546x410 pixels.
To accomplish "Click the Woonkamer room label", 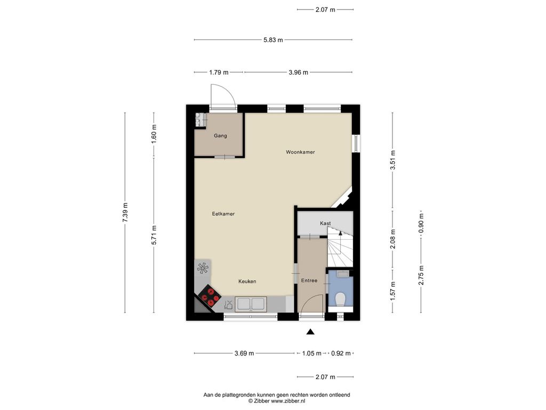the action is pyautogui.click(x=300, y=152).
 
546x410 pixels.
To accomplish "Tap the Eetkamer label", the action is pyautogui.click(x=223, y=214).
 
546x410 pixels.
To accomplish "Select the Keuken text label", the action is pyautogui.click(x=247, y=281).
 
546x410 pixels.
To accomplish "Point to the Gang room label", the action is pyautogui.click(x=220, y=136).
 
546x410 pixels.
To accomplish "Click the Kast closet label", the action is pyautogui.click(x=325, y=223).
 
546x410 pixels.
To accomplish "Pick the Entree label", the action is pyautogui.click(x=309, y=280).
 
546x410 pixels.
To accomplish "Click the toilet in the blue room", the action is pyautogui.click(x=340, y=299).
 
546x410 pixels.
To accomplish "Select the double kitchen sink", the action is pyautogui.click(x=251, y=304).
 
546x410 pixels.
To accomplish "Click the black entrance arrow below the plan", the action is pyautogui.click(x=310, y=332).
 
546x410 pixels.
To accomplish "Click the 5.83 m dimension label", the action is pyautogui.click(x=274, y=40).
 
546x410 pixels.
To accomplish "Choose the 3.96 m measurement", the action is pyautogui.click(x=299, y=73).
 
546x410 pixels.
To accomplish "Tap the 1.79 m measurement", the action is pyautogui.click(x=219, y=73).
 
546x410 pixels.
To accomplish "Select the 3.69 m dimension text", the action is pyautogui.click(x=244, y=353).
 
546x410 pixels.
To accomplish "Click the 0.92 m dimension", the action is pyautogui.click(x=341, y=353).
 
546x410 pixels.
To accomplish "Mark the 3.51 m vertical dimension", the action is pyautogui.click(x=393, y=160).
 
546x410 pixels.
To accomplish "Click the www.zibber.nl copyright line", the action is pyautogui.click(x=277, y=401).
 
